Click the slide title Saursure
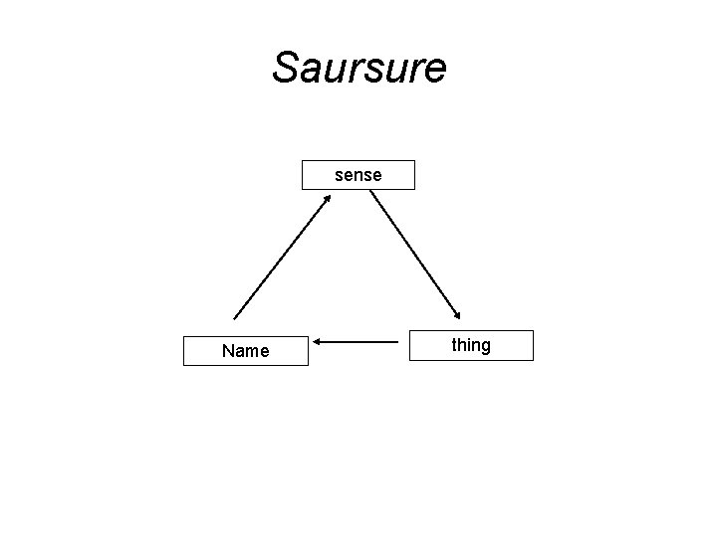pos(358,68)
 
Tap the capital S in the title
pos(286,68)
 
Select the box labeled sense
pos(358,175)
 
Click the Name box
pos(245,351)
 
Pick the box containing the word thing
pos(471,345)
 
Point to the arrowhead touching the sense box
pos(327,199)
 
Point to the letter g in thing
pos(485,347)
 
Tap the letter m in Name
pos(252,352)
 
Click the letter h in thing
pos(461,345)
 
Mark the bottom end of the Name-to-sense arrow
pos(234,318)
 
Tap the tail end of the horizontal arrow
pos(397,343)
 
